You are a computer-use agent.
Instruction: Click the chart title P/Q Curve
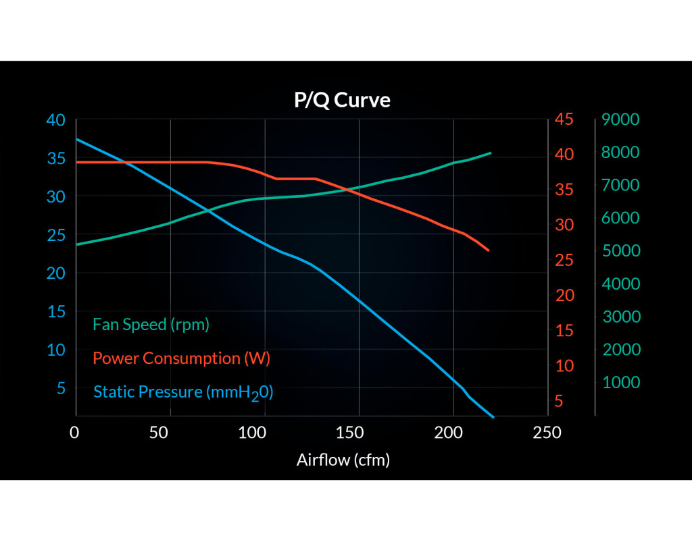342,101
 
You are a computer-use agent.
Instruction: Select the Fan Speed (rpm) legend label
151,325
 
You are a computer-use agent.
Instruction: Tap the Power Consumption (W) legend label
181,358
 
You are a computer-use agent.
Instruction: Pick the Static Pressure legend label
183,392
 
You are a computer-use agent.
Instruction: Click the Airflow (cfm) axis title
343,460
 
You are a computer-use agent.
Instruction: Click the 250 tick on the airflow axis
547,433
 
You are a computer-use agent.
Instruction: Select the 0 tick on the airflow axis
75,433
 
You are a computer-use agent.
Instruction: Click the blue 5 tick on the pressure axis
61,388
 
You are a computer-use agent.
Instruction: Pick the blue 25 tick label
55,235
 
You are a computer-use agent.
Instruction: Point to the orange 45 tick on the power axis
564,120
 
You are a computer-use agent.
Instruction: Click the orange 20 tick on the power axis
564,296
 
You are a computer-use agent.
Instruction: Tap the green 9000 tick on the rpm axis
620,120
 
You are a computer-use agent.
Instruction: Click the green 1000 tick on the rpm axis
620,383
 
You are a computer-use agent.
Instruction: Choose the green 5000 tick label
620,251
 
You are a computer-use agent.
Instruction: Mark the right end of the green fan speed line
491,153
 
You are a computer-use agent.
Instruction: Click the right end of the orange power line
488,250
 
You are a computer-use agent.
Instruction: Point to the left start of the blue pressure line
76,139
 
